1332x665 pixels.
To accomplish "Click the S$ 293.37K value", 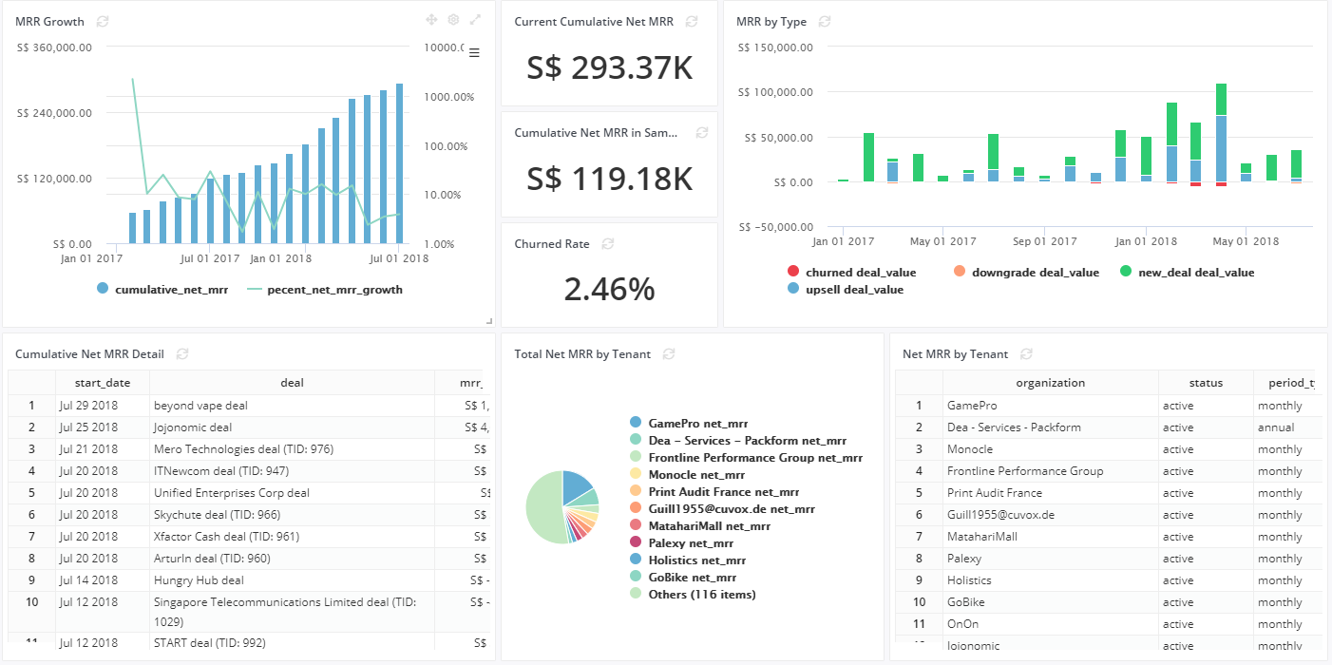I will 609,68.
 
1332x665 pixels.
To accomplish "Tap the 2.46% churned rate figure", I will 609,289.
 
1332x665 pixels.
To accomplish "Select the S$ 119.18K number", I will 609,179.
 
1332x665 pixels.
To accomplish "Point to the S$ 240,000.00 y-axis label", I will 54,113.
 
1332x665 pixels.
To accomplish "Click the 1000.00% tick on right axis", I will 448,97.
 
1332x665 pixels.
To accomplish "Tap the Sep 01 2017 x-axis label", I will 1044,241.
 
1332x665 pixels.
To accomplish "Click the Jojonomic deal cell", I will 193,427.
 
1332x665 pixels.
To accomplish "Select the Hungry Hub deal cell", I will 199,580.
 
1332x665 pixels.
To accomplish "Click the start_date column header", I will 102,383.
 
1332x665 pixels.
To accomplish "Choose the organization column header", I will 1050,383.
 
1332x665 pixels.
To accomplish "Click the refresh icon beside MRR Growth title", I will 103,22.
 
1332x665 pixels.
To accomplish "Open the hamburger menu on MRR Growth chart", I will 474,52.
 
